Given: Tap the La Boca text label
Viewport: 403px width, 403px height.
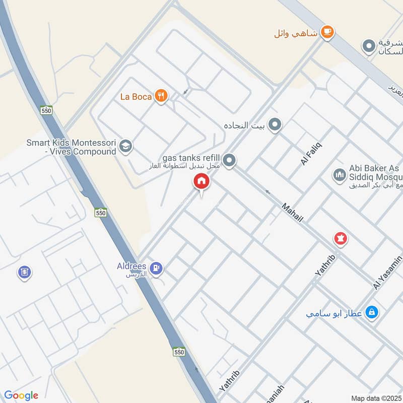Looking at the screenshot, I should tap(136, 96).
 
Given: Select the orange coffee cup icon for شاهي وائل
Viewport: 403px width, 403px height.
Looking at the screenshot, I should tap(327, 32).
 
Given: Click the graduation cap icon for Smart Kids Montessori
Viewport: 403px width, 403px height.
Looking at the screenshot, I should tap(125, 147).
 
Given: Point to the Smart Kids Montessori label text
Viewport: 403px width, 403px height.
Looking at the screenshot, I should tap(71, 147).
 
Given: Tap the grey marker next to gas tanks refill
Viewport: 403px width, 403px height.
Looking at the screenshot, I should tap(229, 161).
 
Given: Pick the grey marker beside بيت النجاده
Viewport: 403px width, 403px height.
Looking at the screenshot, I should tap(275, 124).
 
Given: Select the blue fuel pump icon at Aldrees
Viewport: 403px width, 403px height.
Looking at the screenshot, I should tap(157, 268).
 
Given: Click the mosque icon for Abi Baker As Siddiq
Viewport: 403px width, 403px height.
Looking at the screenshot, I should tap(340, 175).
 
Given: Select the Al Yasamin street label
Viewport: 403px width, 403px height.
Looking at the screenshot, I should tap(387, 273).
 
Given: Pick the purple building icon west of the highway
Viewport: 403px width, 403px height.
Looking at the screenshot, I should tap(24, 273).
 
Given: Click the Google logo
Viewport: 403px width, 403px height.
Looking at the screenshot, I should tap(21, 395).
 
